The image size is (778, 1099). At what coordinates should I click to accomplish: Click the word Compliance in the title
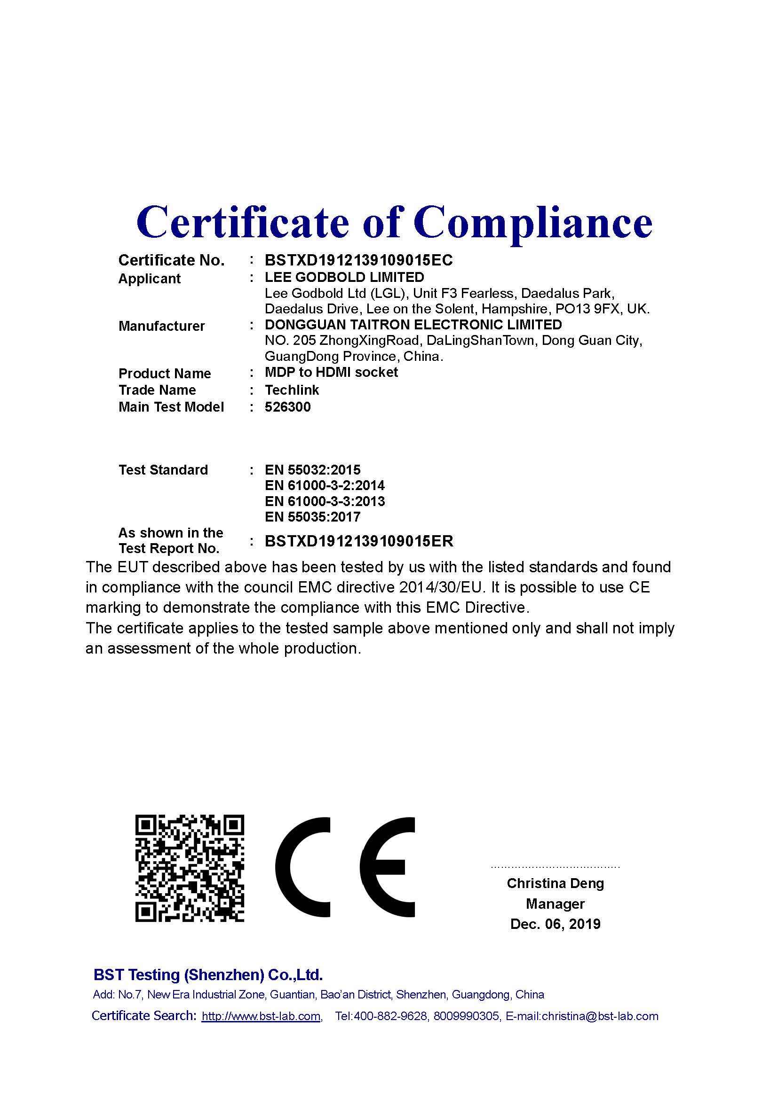[x=533, y=223]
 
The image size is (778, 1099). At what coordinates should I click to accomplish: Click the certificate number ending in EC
[x=358, y=260]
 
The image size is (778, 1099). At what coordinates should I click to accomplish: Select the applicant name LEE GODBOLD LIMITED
[x=344, y=277]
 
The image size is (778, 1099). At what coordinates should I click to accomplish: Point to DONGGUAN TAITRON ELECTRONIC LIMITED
[x=413, y=325]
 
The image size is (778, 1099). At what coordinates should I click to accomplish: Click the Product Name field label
[x=164, y=374]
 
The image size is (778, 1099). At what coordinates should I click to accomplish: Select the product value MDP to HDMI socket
[x=331, y=373]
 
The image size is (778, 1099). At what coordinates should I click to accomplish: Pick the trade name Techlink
[x=292, y=390]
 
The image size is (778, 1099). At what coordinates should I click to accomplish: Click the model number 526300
[x=287, y=407]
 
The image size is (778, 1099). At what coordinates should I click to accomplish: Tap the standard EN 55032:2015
[x=312, y=469]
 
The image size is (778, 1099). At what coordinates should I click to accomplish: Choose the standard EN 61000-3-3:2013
[x=325, y=501]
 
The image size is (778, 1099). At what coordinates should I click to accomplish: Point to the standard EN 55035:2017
[x=312, y=517]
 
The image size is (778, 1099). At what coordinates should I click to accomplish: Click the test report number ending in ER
[x=359, y=541]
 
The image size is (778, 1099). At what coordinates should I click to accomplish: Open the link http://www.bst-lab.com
[x=261, y=1016]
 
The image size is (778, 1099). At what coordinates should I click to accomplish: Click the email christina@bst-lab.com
[x=600, y=1016]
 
